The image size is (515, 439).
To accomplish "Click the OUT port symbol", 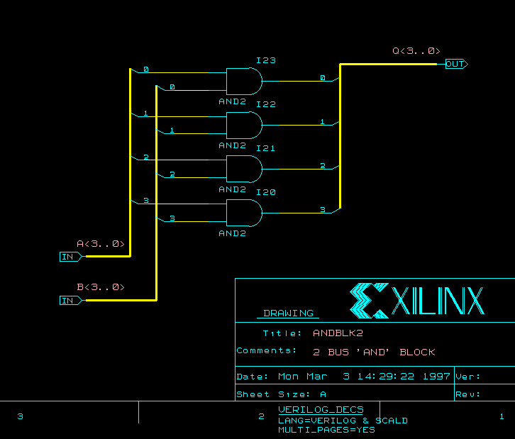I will pyautogui.click(x=456, y=64).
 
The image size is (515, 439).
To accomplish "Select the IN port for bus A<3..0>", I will pyautogui.click(x=70, y=257).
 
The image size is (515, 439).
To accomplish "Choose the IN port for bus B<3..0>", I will pyautogui.click(x=70, y=301).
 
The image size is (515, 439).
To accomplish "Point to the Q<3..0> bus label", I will pyautogui.click(x=416, y=51).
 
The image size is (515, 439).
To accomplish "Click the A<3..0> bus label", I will pyautogui.click(x=100, y=244).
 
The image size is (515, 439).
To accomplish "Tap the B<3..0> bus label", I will pyautogui.click(x=100, y=287).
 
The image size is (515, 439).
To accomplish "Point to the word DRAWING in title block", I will pyautogui.click(x=288, y=313).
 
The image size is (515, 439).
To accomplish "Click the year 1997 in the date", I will pyautogui.click(x=436, y=377).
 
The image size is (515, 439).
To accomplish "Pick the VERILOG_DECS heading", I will pyautogui.click(x=321, y=409).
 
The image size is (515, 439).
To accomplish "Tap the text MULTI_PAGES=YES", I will pyautogui.click(x=326, y=430).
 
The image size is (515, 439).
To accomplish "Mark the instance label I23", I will pyautogui.click(x=266, y=61).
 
